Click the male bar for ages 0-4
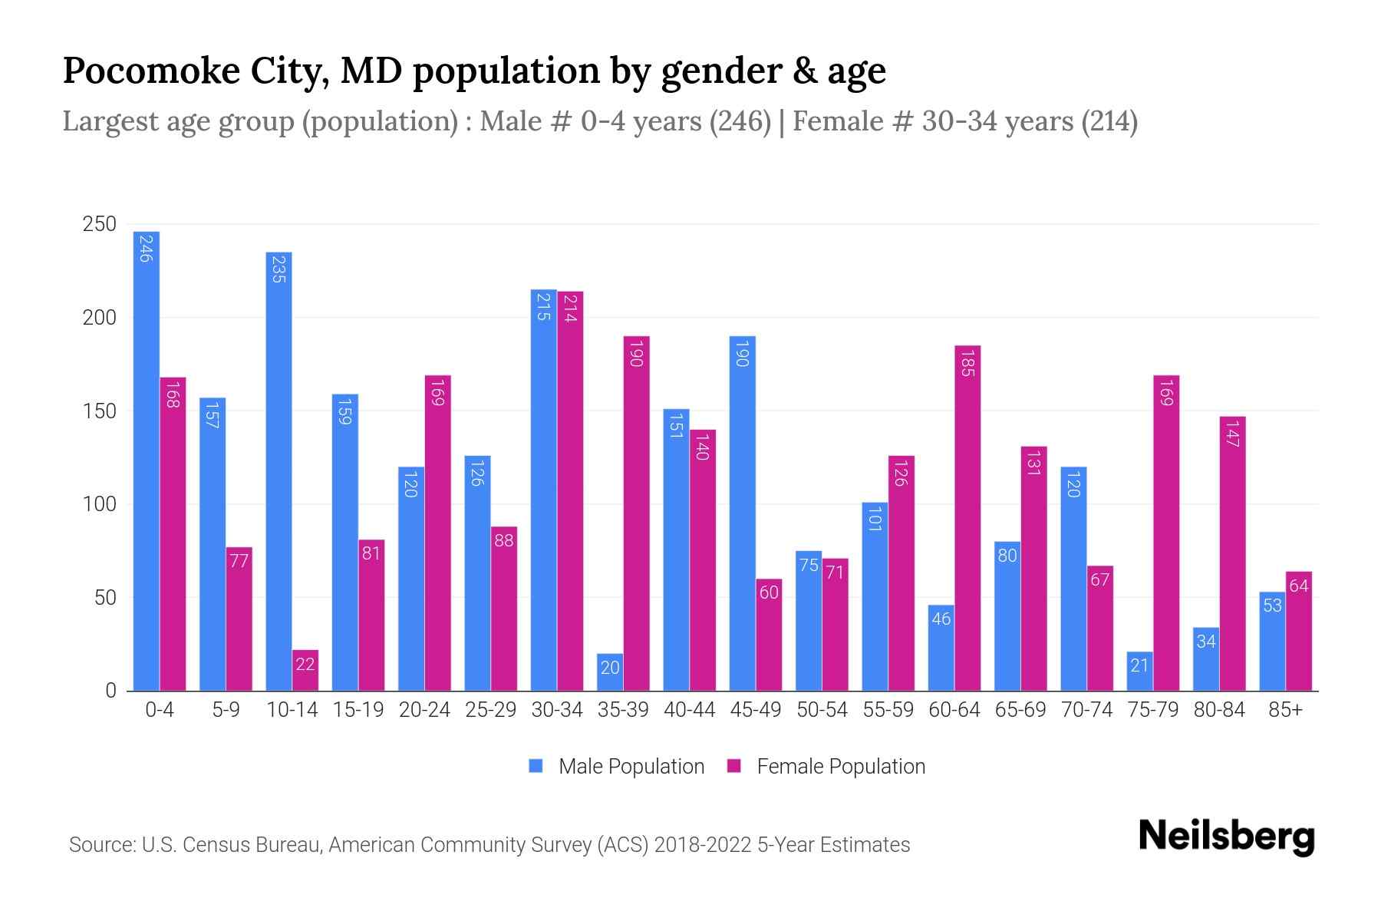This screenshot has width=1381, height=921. click(x=146, y=460)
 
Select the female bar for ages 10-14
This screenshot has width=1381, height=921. click(x=305, y=670)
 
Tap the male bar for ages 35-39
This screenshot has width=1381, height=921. click(x=610, y=672)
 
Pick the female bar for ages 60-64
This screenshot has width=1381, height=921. click(x=967, y=518)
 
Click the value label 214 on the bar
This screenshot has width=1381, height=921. click(x=570, y=307)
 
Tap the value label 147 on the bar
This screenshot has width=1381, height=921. click(x=1233, y=434)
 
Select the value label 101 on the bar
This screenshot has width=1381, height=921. click(x=875, y=519)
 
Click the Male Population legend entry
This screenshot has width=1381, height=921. click(x=617, y=767)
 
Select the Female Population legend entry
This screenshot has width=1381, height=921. click(x=827, y=767)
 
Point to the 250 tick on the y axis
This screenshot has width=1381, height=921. click(x=100, y=224)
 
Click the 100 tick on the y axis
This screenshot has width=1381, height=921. click(x=100, y=504)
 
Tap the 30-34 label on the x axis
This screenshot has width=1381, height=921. click(x=557, y=710)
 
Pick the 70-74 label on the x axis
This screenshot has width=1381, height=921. click(x=1086, y=710)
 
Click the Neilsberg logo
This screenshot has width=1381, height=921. click(x=1226, y=837)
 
